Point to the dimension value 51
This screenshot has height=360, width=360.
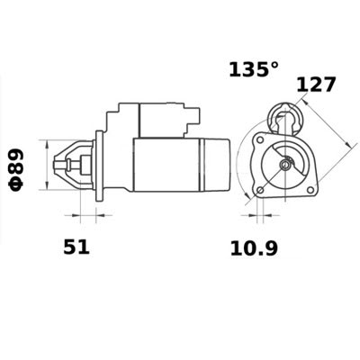pos(76,247)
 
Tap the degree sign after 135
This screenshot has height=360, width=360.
pos(277,65)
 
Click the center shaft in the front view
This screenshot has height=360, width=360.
pos(284,165)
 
